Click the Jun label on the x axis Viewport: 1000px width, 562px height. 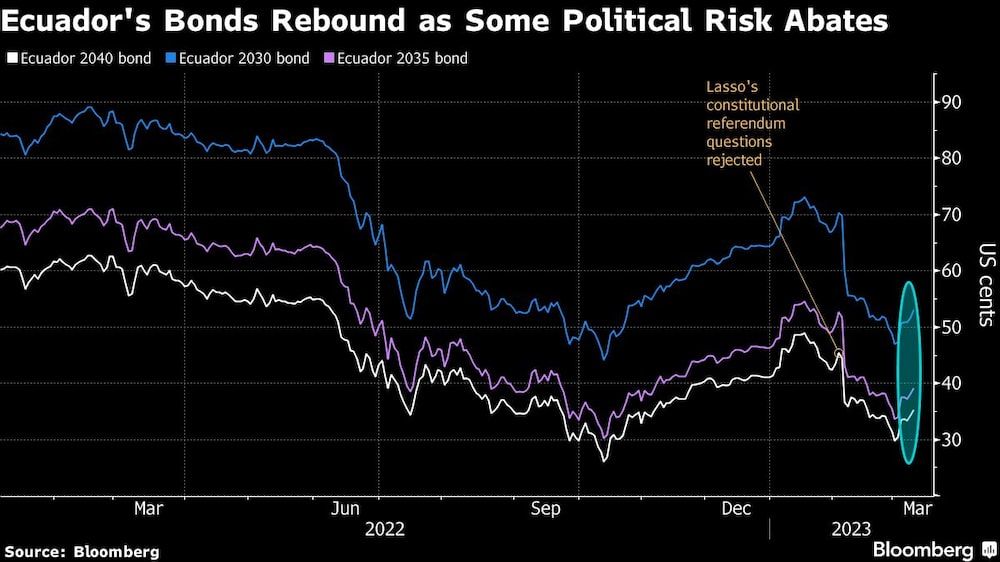(x=345, y=508)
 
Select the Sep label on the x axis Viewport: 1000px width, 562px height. (x=546, y=508)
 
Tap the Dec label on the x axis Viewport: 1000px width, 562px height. (x=736, y=508)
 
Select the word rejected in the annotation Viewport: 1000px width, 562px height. (x=736, y=160)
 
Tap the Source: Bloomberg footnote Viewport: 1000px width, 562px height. (x=82, y=551)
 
